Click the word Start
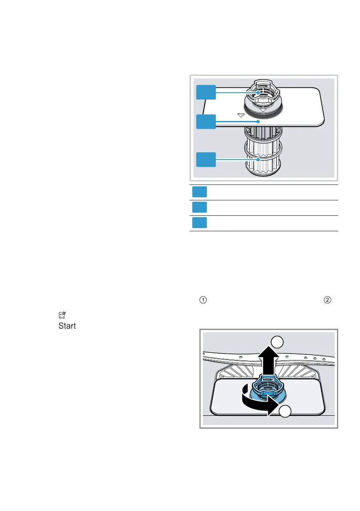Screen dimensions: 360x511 [67, 326]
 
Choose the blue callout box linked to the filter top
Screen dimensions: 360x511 [206, 92]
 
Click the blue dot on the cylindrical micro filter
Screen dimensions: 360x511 [258, 160]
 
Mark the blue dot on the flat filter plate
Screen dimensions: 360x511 [258, 122]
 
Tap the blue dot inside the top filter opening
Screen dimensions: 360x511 [258, 92]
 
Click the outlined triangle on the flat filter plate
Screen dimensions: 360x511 [241, 115]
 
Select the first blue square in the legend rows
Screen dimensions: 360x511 [200, 192]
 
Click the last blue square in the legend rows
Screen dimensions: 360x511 [200, 223]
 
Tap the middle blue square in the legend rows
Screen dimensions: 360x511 [200, 208]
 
